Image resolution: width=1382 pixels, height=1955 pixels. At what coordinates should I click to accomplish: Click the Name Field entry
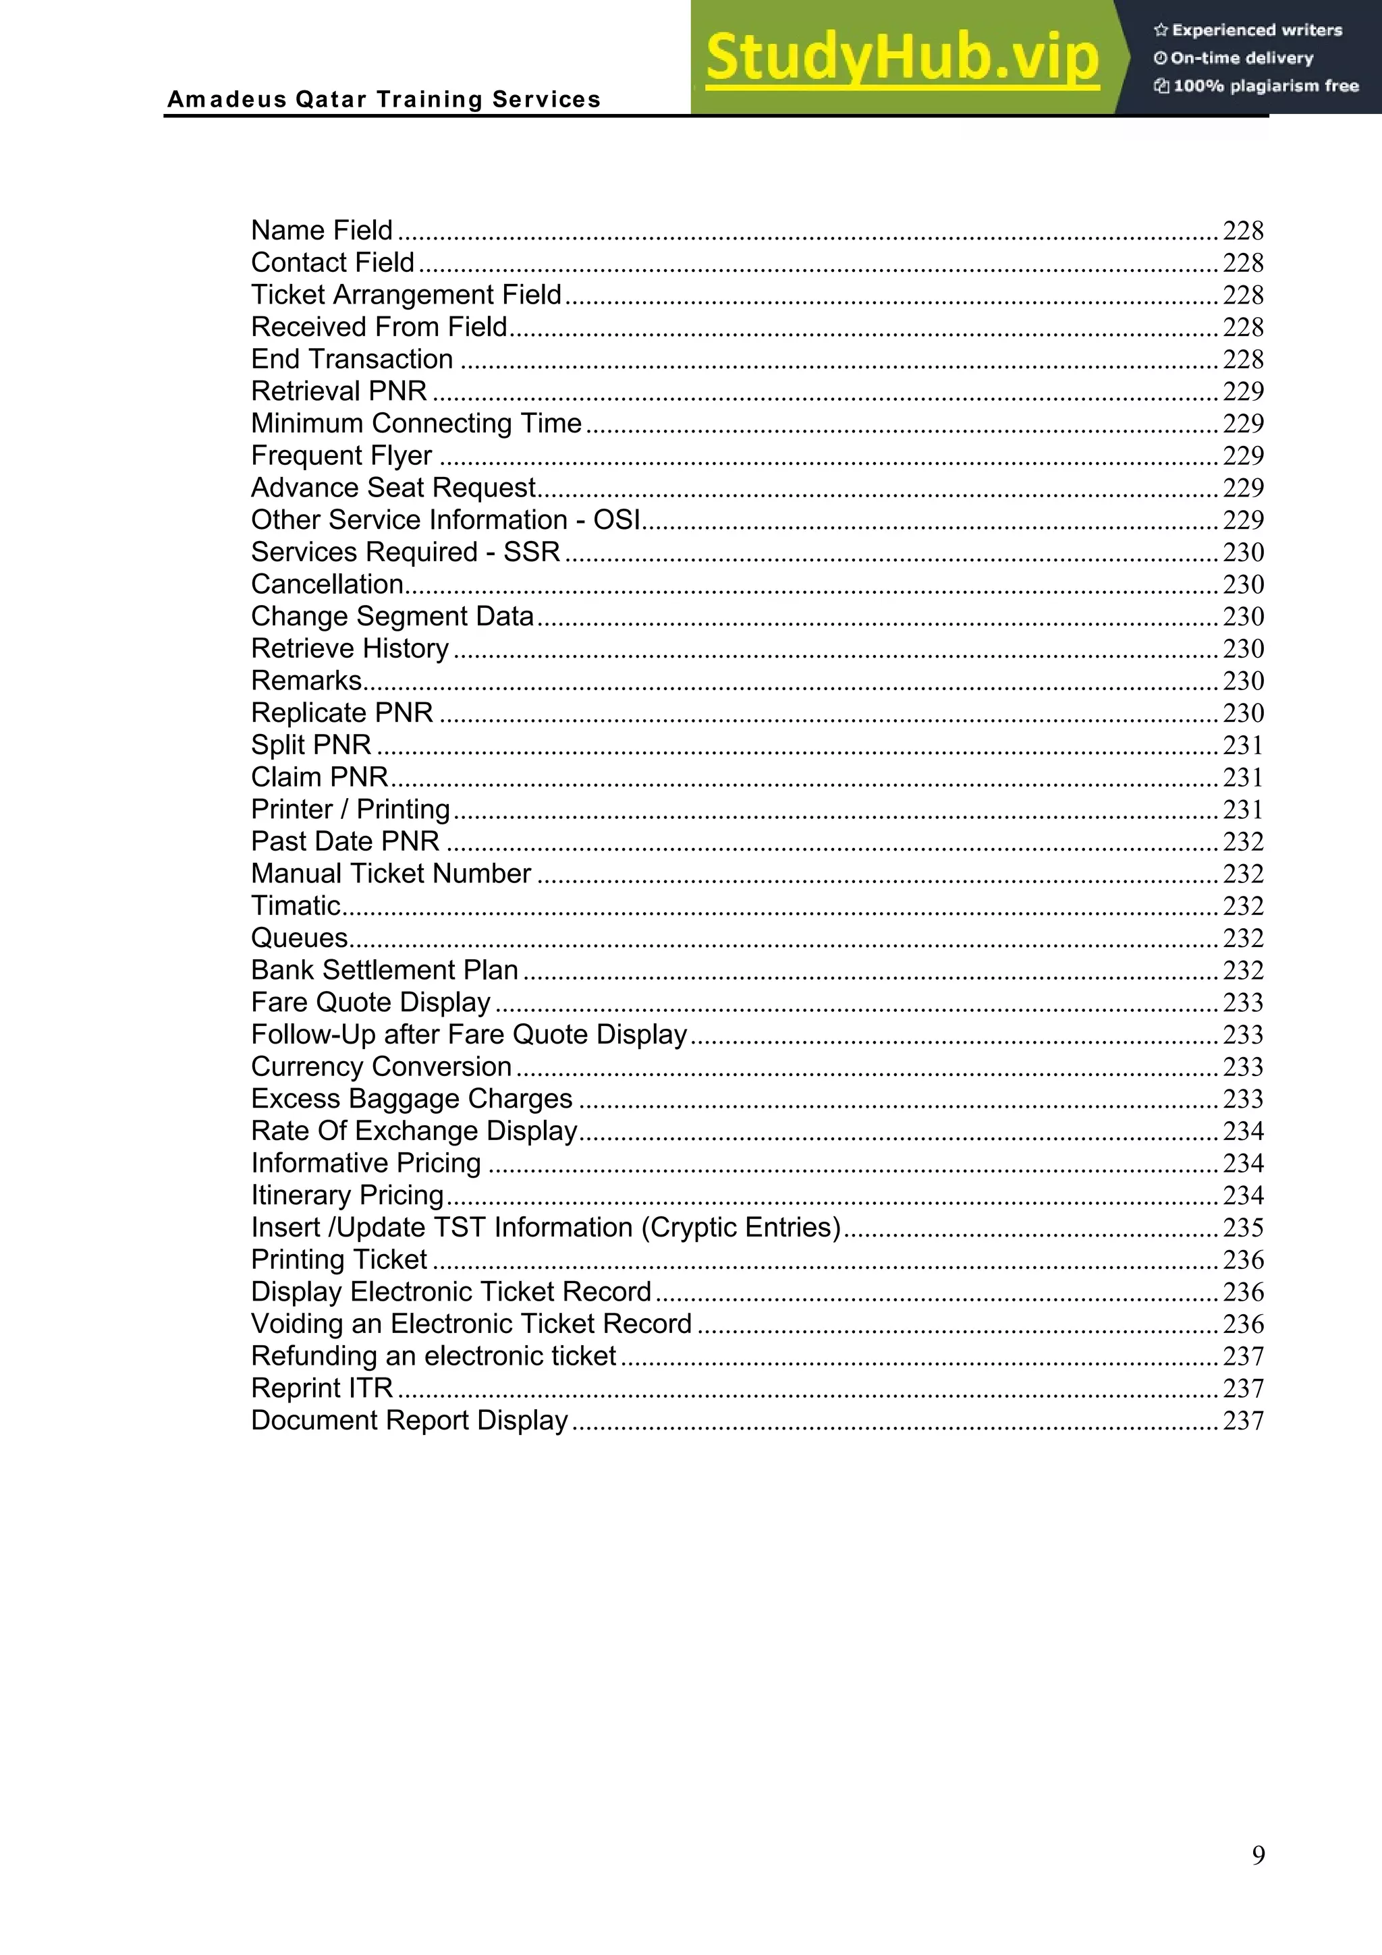pyautogui.click(x=322, y=231)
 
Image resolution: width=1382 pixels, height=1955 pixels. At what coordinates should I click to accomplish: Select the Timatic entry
pyautogui.click(x=296, y=906)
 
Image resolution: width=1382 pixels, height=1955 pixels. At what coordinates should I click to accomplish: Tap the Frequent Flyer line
pyautogui.click(x=341, y=455)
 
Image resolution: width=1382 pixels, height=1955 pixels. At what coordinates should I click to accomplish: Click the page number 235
pyautogui.click(x=1242, y=1228)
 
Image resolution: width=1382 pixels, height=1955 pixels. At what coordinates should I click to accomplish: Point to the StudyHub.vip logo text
pyautogui.click(x=902, y=58)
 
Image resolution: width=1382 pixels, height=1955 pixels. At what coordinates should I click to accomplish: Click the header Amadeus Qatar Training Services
pyautogui.click(x=384, y=100)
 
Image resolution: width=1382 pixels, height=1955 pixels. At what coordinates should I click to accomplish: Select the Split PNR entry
pyautogui.click(x=311, y=745)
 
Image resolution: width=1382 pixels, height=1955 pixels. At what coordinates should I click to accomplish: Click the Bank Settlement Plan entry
pyautogui.click(x=385, y=971)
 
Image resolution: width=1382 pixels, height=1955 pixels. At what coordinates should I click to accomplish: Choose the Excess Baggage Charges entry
pyautogui.click(x=411, y=1099)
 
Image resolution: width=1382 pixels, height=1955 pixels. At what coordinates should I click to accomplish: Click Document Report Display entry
pyautogui.click(x=410, y=1420)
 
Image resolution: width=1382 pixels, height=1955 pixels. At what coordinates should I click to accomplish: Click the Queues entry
pyautogui.click(x=300, y=938)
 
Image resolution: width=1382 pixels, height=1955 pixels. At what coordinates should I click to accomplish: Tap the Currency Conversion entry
pyautogui.click(x=381, y=1067)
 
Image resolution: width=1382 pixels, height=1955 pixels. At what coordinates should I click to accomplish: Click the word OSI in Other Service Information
pyautogui.click(x=617, y=520)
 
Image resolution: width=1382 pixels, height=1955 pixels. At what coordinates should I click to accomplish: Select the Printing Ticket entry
pyautogui.click(x=339, y=1260)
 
